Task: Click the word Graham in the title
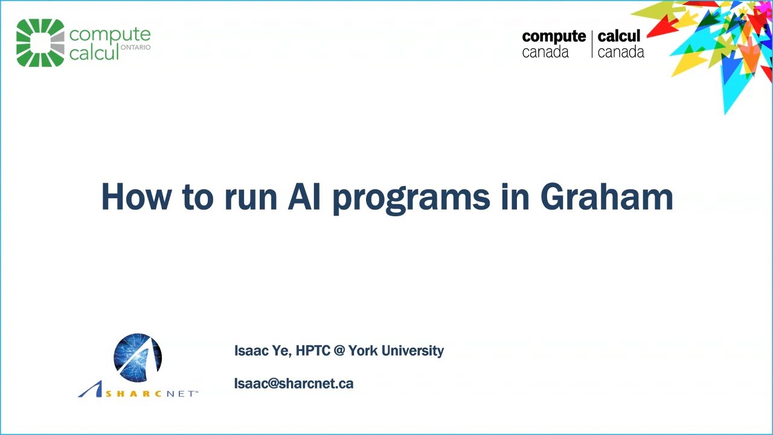click(606, 196)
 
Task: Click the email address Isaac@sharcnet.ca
click(293, 384)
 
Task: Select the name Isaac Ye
click(262, 351)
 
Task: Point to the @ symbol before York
click(339, 351)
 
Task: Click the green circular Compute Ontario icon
click(40, 42)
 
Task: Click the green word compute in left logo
click(109, 34)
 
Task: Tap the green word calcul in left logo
click(94, 53)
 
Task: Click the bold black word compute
click(554, 36)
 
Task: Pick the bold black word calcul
click(619, 36)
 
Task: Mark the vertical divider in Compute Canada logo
click(592, 44)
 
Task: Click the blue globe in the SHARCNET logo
click(138, 358)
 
